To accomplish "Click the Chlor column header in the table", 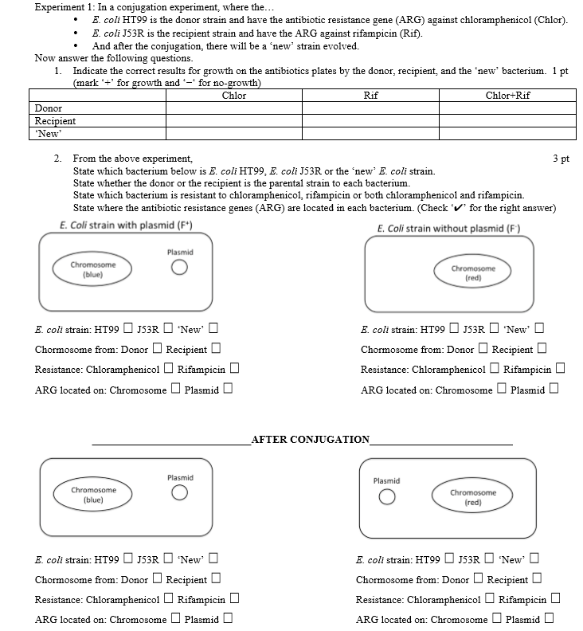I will pyautogui.click(x=234, y=96).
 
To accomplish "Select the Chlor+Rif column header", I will pyautogui.click(x=507, y=96).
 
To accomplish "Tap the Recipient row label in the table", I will pyautogui.click(x=56, y=121).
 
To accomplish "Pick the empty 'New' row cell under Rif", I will pyautogui.click(x=370, y=133).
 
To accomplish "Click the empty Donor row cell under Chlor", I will pyautogui.click(x=234, y=108).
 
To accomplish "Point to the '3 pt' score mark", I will pyautogui.click(x=560, y=159).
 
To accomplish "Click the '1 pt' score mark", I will pyautogui.click(x=560, y=71).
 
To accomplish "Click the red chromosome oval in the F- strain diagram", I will pyautogui.click(x=473, y=273).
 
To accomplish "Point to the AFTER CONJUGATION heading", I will pyautogui.click(x=310, y=439).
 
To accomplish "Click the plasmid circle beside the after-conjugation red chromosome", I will pyautogui.click(x=386, y=497).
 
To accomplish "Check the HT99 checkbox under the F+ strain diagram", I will pyautogui.click(x=126, y=329).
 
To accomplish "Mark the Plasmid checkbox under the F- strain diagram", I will pyautogui.click(x=554, y=390).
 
